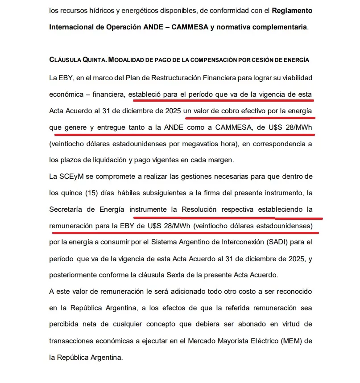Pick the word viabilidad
pyautogui.click(x=294, y=78)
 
